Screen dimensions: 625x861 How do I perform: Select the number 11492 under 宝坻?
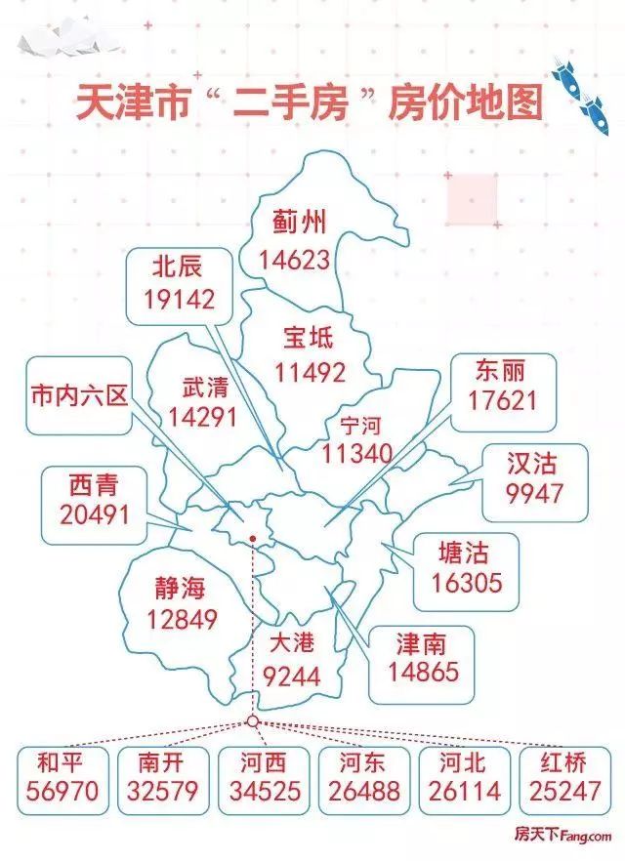[x=310, y=372]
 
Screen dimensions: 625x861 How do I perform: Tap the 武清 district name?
[x=204, y=387]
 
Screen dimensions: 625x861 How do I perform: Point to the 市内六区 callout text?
[x=79, y=396]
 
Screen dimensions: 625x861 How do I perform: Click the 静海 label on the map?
[x=181, y=588]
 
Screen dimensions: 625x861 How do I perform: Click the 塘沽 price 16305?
[x=466, y=583]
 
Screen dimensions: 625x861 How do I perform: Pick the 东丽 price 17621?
[x=502, y=401]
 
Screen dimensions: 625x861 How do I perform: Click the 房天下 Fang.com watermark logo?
[x=562, y=835]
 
